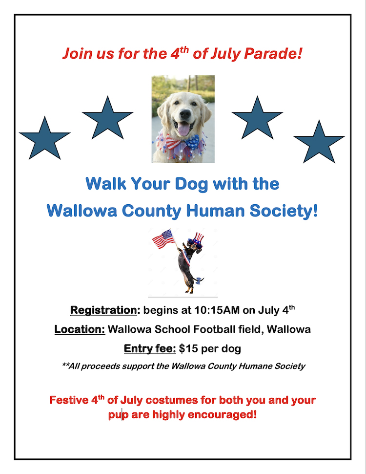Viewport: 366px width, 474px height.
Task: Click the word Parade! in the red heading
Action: (x=273, y=53)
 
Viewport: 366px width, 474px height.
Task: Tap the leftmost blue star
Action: (x=45, y=138)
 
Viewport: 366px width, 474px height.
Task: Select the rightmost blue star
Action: (x=319, y=142)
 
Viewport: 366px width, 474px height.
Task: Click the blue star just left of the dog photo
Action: (x=107, y=118)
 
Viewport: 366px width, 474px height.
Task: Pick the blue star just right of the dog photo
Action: (x=257, y=118)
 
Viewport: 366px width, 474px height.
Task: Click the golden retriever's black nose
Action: (x=185, y=114)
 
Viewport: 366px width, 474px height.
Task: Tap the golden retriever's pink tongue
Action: (x=183, y=129)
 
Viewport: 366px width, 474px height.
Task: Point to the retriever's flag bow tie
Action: (x=183, y=142)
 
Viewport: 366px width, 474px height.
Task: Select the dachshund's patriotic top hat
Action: (x=197, y=239)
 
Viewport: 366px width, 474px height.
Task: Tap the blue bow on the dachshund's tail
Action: (x=198, y=281)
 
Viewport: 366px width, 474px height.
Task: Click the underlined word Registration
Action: (x=103, y=310)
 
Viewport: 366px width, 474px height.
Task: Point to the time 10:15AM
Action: (x=217, y=310)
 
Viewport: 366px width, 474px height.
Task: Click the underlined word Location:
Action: (x=80, y=329)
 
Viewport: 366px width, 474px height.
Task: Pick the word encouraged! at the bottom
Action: (x=222, y=414)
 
